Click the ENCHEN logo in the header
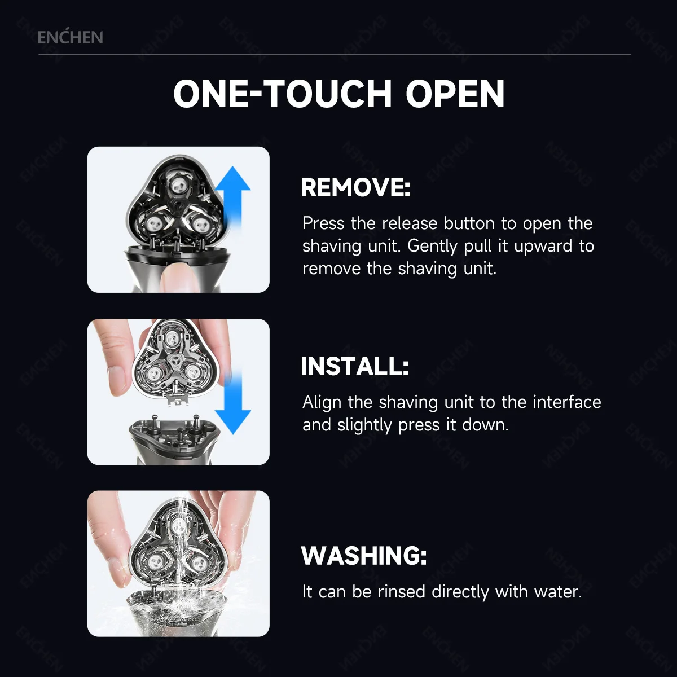tap(70, 37)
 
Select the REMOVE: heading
tap(355, 187)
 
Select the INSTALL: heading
tap(354, 366)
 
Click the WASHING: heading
tap(364, 556)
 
